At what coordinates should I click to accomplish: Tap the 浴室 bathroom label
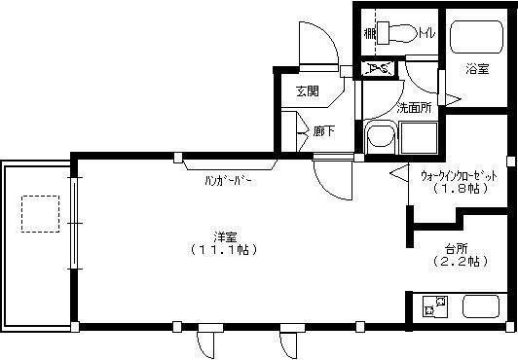click(x=476, y=70)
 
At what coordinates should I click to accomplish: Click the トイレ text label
click(x=426, y=35)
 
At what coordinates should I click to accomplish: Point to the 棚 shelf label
click(x=370, y=34)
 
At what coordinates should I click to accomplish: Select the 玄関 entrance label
click(x=308, y=91)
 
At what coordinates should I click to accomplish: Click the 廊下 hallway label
click(x=324, y=129)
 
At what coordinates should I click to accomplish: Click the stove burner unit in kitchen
click(x=433, y=308)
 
